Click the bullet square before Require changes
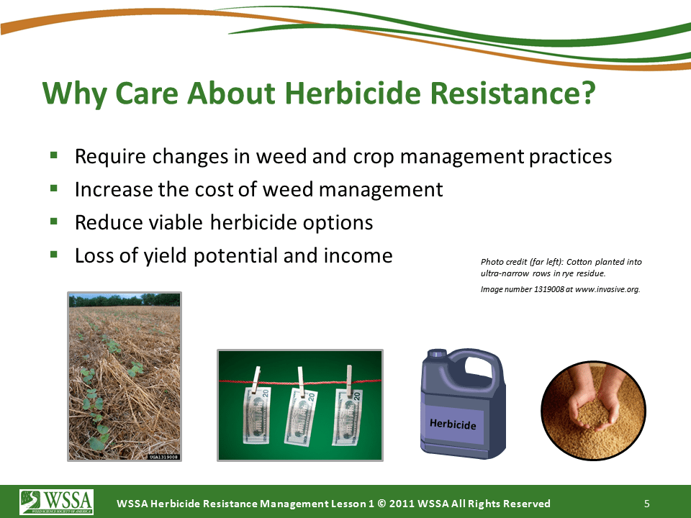[x=54, y=155]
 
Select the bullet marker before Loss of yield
[x=54, y=254]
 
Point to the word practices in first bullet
[x=570, y=157]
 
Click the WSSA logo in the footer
[x=56, y=501]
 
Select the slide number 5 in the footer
[x=647, y=504]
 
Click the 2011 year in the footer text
[x=402, y=504]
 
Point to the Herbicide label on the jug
[x=453, y=424]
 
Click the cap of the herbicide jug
[x=437, y=353]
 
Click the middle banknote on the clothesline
[x=301, y=417]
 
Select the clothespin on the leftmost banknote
[x=256, y=378]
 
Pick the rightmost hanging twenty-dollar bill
[x=347, y=417]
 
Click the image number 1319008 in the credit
[x=548, y=289]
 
